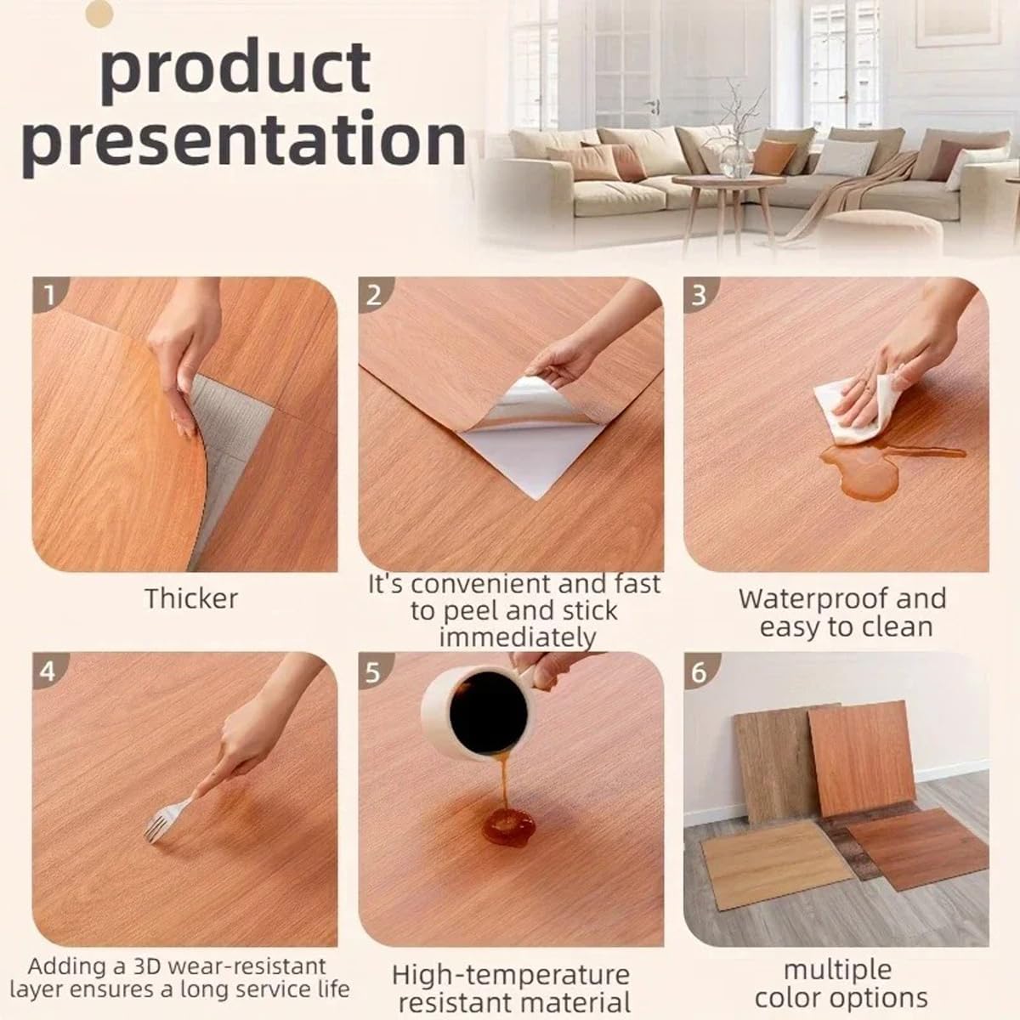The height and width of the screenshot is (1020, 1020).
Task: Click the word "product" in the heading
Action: tap(236, 67)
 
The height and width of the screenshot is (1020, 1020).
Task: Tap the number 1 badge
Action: tap(50, 295)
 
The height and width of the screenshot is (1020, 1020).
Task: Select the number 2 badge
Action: tap(374, 295)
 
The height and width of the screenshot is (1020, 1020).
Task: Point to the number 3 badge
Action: tap(700, 295)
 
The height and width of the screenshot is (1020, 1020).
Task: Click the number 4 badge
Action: tap(48, 671)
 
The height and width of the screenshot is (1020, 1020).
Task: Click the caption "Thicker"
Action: tap(191, 598)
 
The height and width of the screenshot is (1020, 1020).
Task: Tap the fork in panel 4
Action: tap(166, 820)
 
